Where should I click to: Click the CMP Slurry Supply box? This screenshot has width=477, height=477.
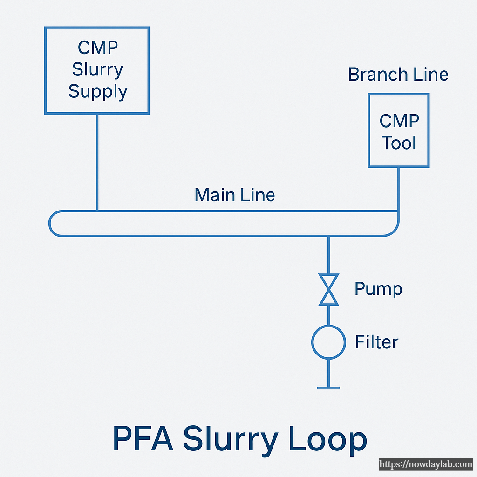click(x=97, y=70)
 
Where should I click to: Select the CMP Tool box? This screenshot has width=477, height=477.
click(x=398, y=130)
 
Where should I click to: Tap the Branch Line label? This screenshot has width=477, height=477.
click(x=398, y=75)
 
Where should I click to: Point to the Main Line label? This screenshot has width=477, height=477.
click(x=234, y=195)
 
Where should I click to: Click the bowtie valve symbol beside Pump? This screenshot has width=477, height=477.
click(x=329, y=290)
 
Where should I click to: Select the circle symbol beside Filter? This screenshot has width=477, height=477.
click(x=328, y=342)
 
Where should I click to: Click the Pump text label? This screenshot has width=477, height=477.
click(x=378, y=289)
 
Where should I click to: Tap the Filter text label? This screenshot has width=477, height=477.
click(x=376, y=342)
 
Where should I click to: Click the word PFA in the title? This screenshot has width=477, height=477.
click(x=142, y=439)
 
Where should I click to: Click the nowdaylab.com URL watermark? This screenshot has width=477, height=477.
click(x=425, y=464)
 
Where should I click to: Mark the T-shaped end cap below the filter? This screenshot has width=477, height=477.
click(x=328, y=387)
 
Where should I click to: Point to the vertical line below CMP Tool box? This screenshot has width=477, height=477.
click(x=398, y=189)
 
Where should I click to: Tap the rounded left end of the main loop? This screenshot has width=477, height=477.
click(x=52, y=224)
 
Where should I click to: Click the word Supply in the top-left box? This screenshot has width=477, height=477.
click(x=98, y=91)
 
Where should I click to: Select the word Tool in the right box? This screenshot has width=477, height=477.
click(x=399, y=143)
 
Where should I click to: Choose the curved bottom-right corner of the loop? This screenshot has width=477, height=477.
click(x=395, y=231)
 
